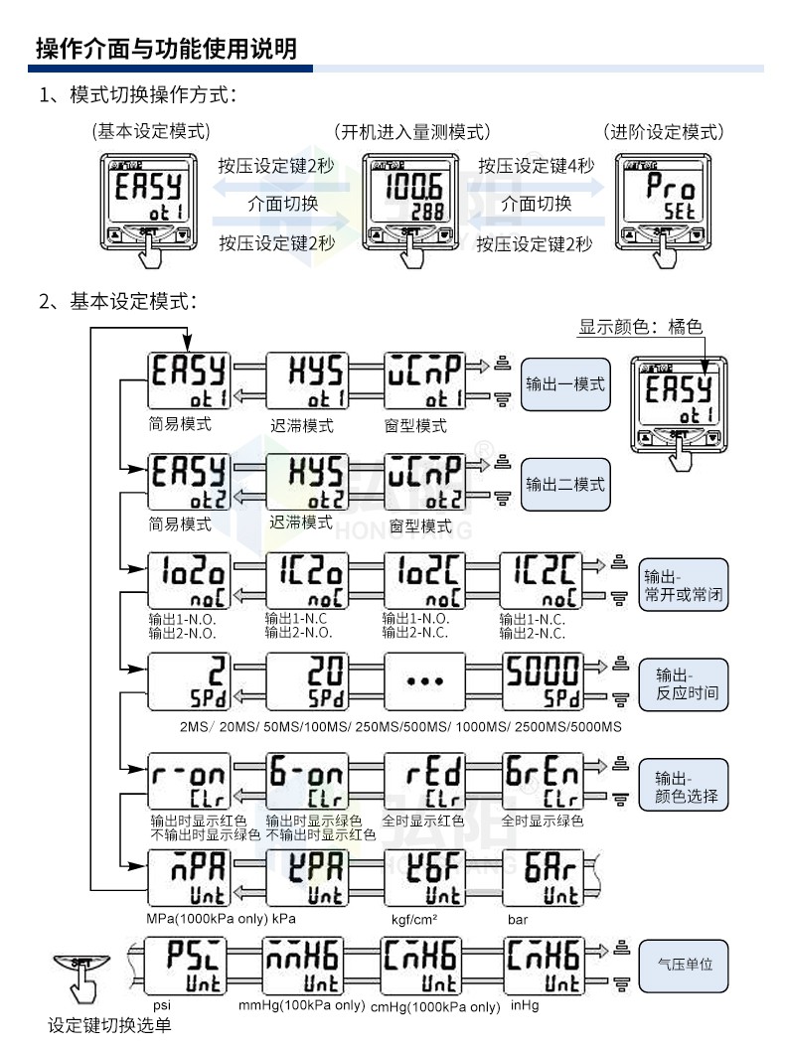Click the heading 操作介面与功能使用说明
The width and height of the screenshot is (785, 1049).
[166, 48]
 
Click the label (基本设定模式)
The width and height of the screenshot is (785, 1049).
[151, 131]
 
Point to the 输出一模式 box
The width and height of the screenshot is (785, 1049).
[565, 383]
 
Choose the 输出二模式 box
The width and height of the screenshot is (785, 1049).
[565, 484]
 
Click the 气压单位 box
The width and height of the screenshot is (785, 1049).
[685, 964]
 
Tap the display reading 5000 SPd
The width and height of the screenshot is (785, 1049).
[542, 682]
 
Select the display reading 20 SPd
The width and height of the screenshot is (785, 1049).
[307, 682]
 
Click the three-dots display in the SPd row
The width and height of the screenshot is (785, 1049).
[424, 682]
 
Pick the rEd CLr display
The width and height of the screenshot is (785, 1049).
[424, 783]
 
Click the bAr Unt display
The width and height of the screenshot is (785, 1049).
[542, 878]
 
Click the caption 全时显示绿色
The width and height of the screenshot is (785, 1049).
[542, 821]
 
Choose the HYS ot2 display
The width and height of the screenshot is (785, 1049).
[307, 481]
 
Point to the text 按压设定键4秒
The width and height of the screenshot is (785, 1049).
[537, 166]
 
